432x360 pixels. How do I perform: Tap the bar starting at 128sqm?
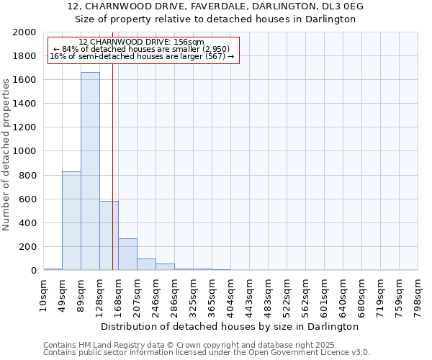pos(109,235)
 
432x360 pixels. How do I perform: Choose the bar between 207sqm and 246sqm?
pos(146,264)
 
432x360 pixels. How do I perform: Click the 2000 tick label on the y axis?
pos(24,32)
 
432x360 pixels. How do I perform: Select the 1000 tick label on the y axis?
pos(24,152)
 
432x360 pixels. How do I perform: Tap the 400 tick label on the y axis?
pos(27,223)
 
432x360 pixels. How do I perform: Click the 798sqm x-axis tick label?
pos(418,293)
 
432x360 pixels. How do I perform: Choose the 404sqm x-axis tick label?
pos(230,293)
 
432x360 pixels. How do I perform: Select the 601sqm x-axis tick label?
pos(324,293)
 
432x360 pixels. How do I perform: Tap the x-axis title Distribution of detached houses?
pos(230,326)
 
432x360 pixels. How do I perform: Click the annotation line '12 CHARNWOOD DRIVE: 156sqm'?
pos(141,42)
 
